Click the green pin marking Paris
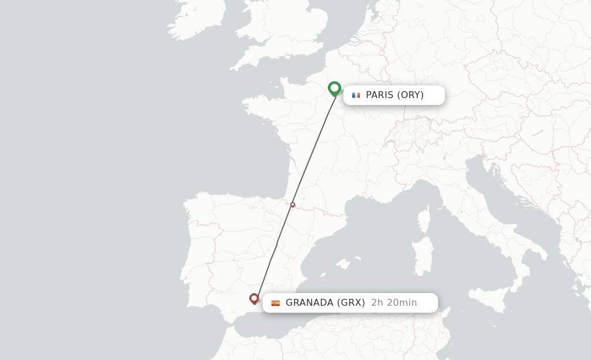coord(334,88)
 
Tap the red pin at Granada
coord(254,298)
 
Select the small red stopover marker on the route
coord(293,205)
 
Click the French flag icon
coord(356,95)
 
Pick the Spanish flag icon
coord(275,303)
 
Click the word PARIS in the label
coord(379,95)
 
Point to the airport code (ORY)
coord(410,95)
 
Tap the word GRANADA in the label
coord(309,303)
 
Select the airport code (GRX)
coord(351,303)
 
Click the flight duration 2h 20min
coord(394,303)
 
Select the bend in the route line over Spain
coord(277,243)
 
